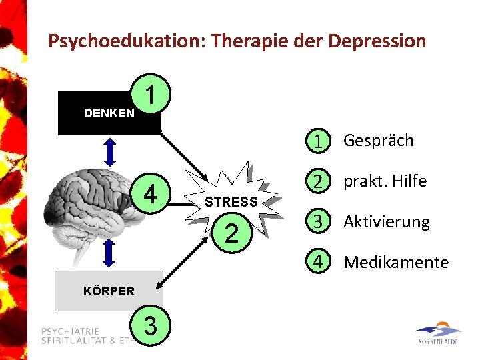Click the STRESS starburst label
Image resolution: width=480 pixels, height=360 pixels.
point(231,201)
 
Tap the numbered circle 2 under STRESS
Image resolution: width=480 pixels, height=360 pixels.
point(231,233)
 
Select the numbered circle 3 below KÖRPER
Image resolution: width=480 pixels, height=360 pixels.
point(151,326)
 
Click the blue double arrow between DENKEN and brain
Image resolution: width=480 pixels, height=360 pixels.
point(110,151)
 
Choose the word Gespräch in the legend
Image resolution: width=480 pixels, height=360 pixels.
point(378,141)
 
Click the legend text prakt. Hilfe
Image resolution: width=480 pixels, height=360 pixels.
point(385,181)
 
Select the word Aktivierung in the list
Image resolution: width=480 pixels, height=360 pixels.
point(387,222)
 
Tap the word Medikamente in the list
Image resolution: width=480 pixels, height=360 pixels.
point(396,263)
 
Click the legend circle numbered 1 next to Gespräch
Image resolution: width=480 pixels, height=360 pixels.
point(321,141)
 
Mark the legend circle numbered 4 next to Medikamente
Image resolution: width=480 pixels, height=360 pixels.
point(321,262)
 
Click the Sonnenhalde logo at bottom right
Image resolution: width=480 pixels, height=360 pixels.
point(437,334)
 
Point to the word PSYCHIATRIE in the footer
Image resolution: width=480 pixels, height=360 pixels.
point(71,331)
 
